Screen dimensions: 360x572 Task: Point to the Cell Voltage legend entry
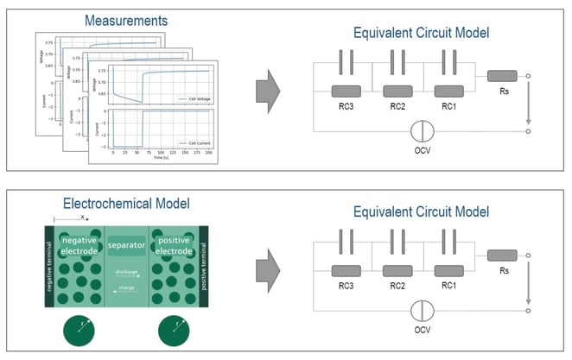click(193, 99)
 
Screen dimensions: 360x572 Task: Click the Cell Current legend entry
click(193, 143)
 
